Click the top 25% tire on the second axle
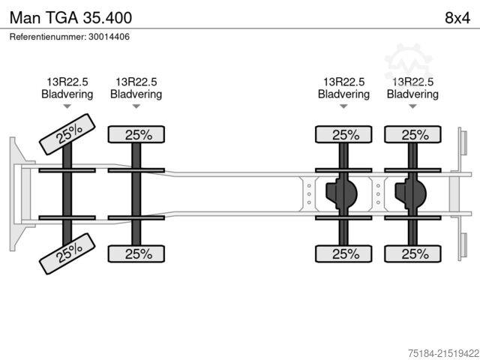tap(136, 135)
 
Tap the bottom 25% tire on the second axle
tap(136, 253)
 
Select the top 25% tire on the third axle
tap(343, 135)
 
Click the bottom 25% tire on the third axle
tap(343, 253)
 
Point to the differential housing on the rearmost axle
tap(410, 193)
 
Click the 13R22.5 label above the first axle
tap(67, 82)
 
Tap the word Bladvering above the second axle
tap(136, 94)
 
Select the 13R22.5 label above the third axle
tap(343, 82)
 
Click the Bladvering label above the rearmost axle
tap(412, 94)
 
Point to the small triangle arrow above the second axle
tap(136, 107)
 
